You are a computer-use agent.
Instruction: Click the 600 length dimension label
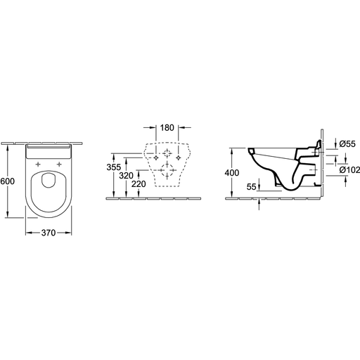tap(7, 181)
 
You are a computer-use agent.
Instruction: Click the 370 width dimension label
tap(49, 233)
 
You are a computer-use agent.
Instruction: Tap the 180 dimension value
tap(167, 128)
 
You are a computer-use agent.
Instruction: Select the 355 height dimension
tap(114, 167)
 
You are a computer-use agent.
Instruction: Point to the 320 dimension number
tap(126, 176)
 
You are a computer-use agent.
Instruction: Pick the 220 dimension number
tap(139, 184)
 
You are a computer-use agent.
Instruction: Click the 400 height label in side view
tap(232, 173)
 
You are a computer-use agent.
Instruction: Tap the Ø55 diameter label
tap(347, 143)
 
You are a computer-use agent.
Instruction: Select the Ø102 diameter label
tap(349, 170)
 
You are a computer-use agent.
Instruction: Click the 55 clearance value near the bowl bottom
tap(252, 187)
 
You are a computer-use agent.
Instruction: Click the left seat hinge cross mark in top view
tap(38, 164)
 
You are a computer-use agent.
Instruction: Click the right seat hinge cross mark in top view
tap(60, 164)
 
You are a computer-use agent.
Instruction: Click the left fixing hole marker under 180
tap(156, 157)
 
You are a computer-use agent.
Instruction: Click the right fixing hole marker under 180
tap(179, 157)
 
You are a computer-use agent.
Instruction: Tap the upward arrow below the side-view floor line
tap(259, 205)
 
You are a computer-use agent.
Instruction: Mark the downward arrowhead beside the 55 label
tap(259, 187)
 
